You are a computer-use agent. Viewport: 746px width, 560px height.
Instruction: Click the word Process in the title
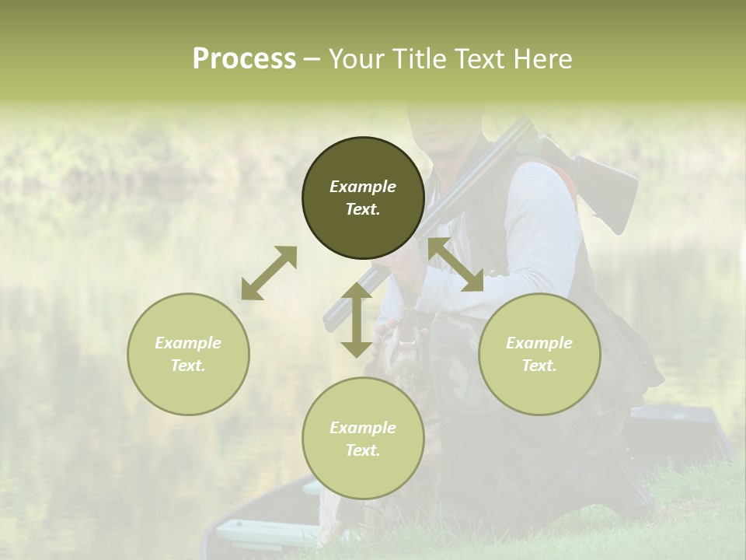[244, 59]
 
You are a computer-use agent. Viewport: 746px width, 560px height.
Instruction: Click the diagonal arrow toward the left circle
[269, 273]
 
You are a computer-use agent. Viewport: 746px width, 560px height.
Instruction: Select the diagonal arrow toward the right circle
[456, 264]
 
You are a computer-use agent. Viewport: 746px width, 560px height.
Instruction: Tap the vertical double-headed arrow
[357, 320]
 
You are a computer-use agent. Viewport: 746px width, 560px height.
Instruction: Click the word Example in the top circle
[363, 187]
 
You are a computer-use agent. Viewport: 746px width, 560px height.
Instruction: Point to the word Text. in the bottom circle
[363, 450]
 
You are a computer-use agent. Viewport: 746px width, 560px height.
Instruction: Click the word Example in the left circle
[188, 343]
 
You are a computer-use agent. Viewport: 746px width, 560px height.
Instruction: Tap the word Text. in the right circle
[539, 366]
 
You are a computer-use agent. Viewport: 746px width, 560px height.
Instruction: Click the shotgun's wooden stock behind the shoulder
[610, 187]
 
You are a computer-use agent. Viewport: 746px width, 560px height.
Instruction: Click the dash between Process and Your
[312, 59]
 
